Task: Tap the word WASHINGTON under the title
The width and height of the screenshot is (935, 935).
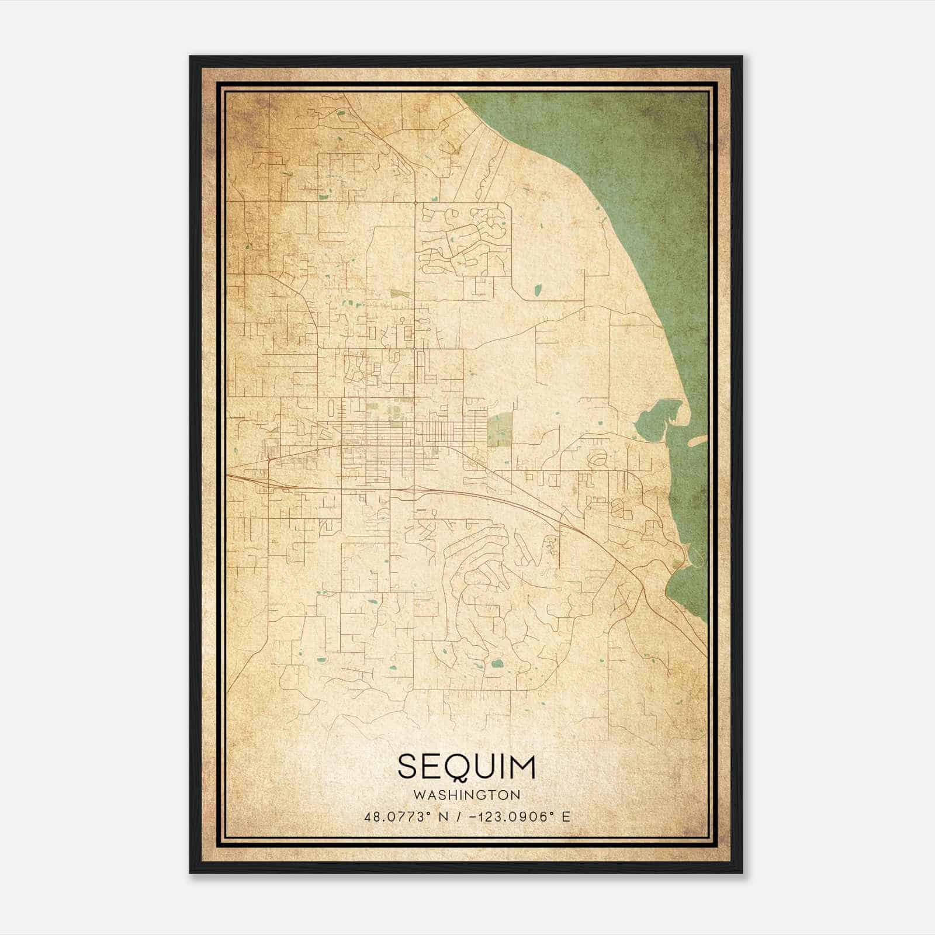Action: [466, 795]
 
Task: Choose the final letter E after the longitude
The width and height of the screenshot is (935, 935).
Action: [565, 816]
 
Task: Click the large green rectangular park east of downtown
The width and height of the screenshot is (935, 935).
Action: [499, 430]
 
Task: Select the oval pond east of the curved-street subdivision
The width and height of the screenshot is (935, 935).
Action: [537, 289]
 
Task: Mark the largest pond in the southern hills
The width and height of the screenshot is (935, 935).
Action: [498, 663]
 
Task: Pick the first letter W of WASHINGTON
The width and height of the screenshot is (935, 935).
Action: [418, 795]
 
